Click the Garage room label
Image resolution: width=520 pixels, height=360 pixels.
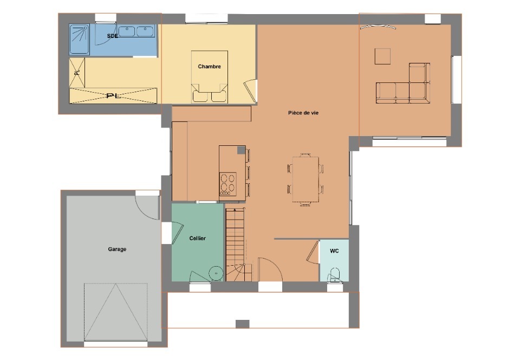[x=117, y=249]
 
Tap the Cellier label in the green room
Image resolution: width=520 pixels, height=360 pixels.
[x=197, y=238]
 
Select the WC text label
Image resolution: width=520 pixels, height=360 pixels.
[x=334, y=251]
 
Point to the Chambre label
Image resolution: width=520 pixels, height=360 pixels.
[x=209, y=67]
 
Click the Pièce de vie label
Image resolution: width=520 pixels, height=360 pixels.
[x=303, y=113]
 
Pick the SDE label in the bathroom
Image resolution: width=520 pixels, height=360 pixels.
[x=113, y=36]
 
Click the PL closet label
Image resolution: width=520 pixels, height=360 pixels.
[x=113, y=96]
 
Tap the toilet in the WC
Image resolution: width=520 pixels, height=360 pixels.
[x=335, y=275]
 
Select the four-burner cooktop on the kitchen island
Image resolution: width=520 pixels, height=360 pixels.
[x=228, y=184]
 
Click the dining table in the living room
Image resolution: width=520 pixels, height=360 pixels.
[x=305, y=179]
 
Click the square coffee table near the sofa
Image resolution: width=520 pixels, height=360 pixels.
[x=383, y=56]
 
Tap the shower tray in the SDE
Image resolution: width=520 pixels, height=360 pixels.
[x=79, y=40]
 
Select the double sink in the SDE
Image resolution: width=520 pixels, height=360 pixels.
[x=136, y=31]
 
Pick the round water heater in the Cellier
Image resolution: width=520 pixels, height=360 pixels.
[x=216, y=274]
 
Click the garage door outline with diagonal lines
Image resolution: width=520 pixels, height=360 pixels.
[x=116, y=312]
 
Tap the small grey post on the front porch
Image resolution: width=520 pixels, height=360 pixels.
[x=243, y=324]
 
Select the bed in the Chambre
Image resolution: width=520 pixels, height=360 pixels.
[x=210, y=76]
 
